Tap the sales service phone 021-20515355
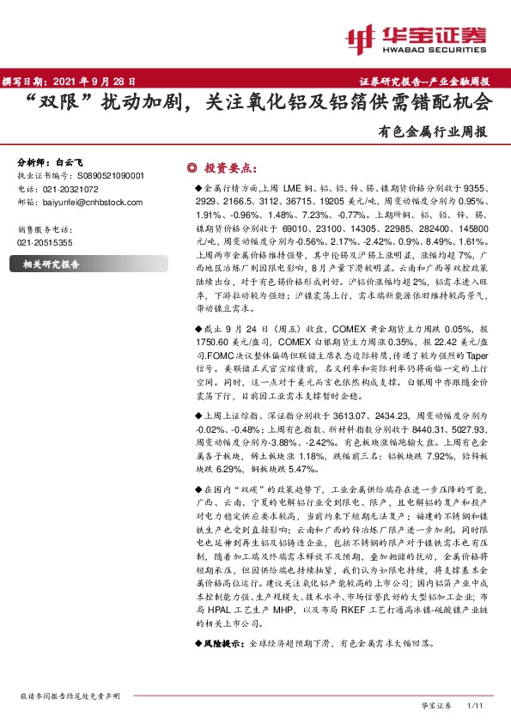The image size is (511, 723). click(x=45, y=243)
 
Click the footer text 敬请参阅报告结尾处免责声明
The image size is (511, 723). click(x=70, y=695)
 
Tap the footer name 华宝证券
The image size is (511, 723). click(x=436, y=705)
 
